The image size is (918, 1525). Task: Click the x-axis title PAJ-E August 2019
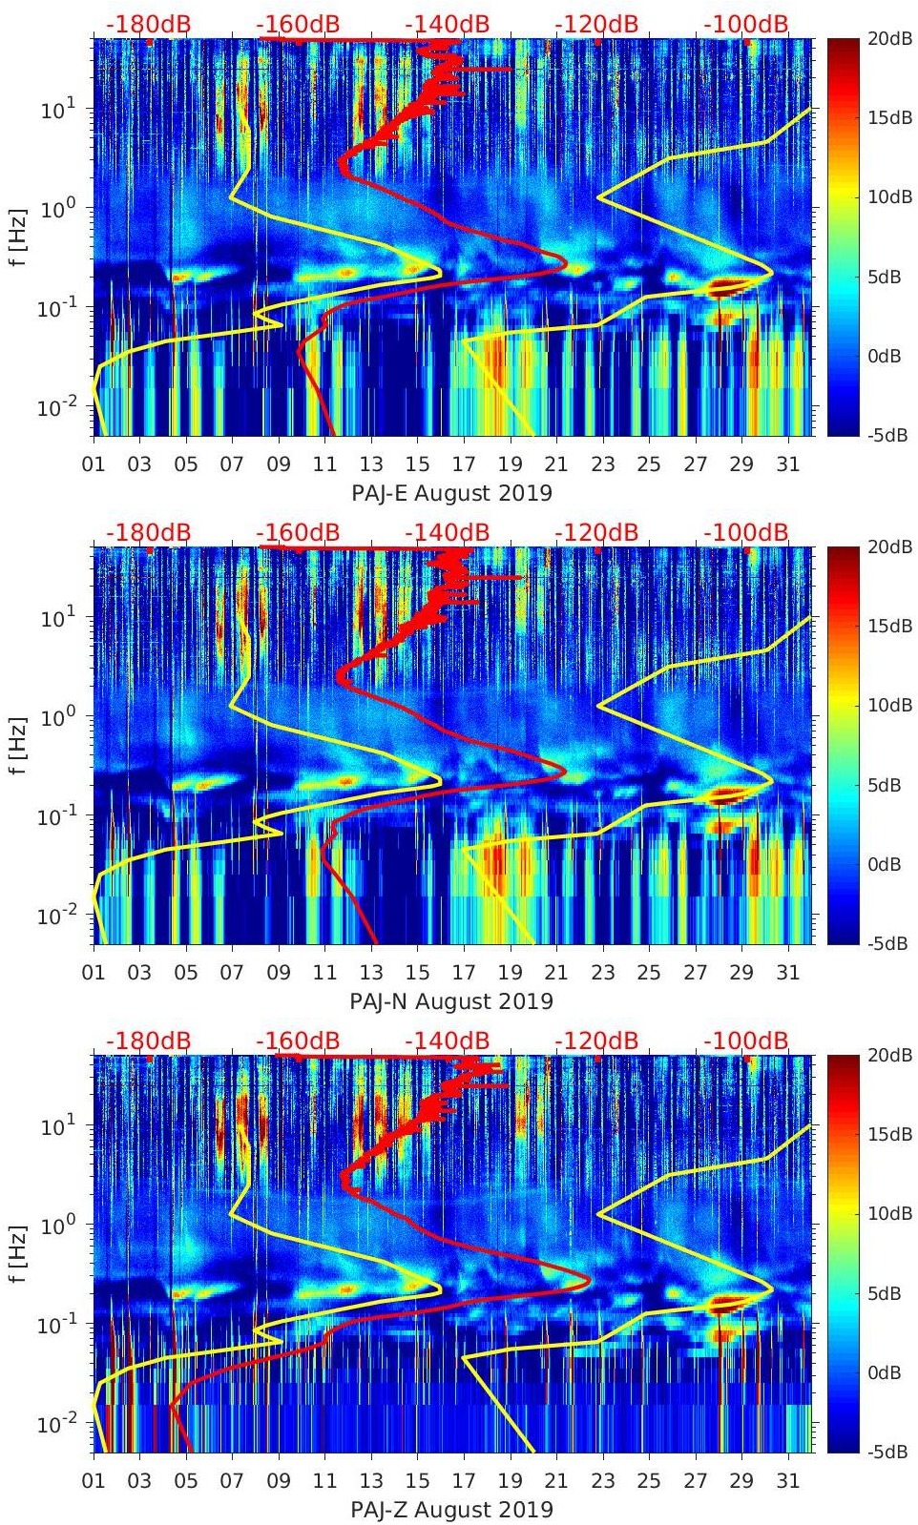[451, 493]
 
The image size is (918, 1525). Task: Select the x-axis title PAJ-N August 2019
[451, 1001]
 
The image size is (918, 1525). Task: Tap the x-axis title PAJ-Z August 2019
[451, 1510]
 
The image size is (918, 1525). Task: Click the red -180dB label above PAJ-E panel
[148, 24]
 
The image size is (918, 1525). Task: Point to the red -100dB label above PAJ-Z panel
[746, 1041]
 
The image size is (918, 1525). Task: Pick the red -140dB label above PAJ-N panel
[448, 532]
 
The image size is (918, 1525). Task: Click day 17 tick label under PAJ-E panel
[464, 464]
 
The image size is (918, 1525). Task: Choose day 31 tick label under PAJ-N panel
[787, 973]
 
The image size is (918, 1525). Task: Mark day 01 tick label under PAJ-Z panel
[94, 1481]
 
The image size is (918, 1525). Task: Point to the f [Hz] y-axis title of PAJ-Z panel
[19, 1253]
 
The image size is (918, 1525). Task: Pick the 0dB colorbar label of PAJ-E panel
[889, 356]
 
